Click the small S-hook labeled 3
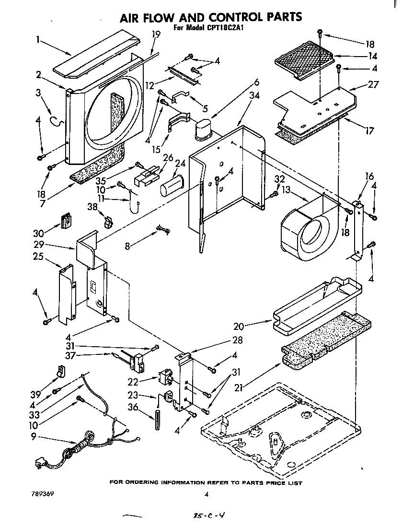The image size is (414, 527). pos(58,122)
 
